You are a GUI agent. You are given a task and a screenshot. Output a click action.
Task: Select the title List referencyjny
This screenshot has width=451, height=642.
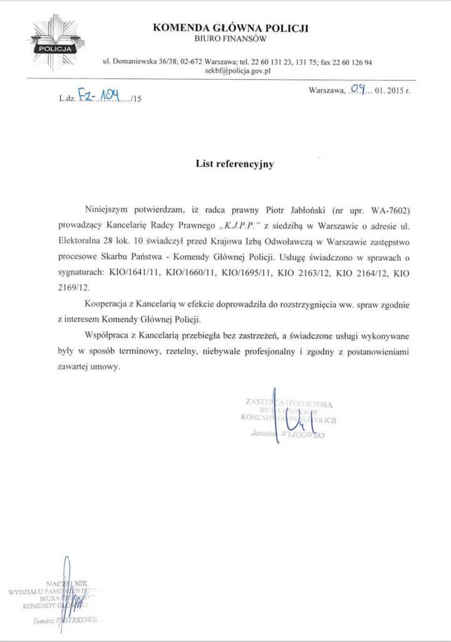(235, 164)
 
